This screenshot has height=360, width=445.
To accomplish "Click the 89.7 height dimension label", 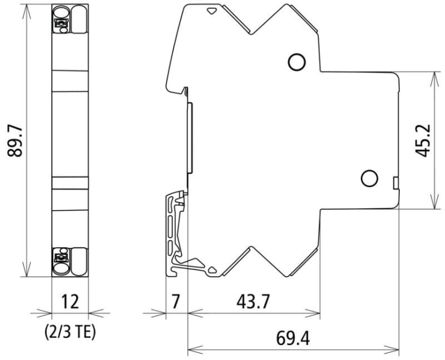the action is (x=15, y=140).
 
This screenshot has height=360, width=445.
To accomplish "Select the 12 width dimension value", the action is (x=70, y=302).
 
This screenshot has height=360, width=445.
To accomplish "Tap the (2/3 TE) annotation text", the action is (x=70, y=332).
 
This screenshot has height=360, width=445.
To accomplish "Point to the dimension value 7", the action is (x=176, y=302).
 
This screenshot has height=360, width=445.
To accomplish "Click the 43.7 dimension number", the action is (x=253, y=302).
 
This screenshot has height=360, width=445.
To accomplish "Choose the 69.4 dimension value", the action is (x=293, y=338).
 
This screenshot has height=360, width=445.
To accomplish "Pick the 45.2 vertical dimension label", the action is (x=423, y=140).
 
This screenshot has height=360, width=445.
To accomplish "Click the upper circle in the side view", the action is (x=297, y=62).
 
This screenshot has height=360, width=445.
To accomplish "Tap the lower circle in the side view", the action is (x=369, y=179).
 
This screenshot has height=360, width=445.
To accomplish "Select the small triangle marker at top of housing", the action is (x=212, y=11).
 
